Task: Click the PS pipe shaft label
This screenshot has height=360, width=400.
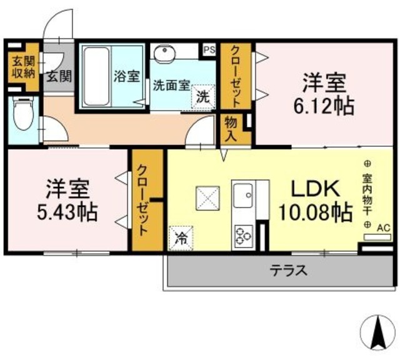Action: point(209,50)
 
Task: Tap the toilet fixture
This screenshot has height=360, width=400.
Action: point(24,114)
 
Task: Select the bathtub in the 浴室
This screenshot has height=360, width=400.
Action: point(97,76)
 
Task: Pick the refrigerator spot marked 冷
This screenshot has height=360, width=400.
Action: point(181,238)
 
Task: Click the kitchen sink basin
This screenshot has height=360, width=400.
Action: point(243,196)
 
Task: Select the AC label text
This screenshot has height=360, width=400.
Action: point(384,227)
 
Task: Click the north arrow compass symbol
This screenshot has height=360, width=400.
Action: point(377,332)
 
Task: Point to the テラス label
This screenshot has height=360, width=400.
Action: point(289,270)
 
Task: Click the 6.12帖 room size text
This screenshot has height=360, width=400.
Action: point(324,106)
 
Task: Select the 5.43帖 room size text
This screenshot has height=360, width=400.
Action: point(67,212)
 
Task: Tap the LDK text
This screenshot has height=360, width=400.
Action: point(316,189)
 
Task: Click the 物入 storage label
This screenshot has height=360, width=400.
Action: point(231,129)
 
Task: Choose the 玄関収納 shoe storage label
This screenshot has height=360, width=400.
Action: point(24,67)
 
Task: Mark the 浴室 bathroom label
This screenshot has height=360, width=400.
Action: point(126,76)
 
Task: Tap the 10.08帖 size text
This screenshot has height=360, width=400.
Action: point(316,212)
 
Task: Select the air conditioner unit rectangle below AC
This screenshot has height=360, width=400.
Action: point(377,237)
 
